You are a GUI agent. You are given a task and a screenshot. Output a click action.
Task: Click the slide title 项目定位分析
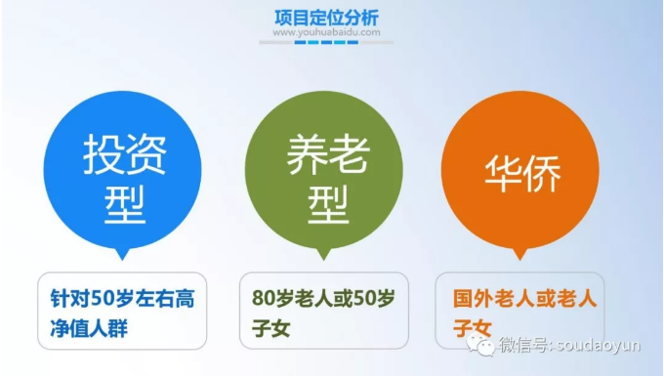click(326, 18)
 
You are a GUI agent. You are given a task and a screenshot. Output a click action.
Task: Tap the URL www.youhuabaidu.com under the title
click(326, 32)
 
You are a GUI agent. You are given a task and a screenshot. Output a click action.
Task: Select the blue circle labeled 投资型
click(122, 170)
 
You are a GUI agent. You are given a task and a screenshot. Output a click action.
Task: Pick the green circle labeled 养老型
click(324, 170)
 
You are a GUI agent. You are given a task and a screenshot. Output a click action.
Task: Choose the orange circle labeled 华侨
click(520, 170)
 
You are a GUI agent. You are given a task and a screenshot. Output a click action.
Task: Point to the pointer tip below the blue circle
click(122, 260)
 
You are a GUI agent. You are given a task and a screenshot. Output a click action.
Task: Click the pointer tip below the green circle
click(324, 260)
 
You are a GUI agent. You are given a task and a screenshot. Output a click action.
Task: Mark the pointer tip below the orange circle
click(520, 260)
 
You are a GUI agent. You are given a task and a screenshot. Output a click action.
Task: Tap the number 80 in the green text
click(263, 298)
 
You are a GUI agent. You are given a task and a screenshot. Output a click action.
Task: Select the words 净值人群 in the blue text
click(89, 328)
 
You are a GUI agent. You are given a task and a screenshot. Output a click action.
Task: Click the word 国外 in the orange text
click(473, 298)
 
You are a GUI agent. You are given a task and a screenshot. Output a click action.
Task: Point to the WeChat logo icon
click(481, 345)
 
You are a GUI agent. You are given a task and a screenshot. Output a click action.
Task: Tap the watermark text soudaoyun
click(598, 345)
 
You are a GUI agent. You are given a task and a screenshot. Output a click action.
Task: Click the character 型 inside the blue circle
click(125, 204)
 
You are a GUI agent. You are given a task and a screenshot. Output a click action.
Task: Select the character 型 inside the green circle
click(328, 204)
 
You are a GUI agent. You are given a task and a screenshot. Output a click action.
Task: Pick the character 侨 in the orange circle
click(543, 173)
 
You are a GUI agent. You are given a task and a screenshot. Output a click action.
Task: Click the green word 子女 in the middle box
click(271, 328)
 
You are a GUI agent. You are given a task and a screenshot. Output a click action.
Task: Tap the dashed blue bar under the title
click(326, 42)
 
